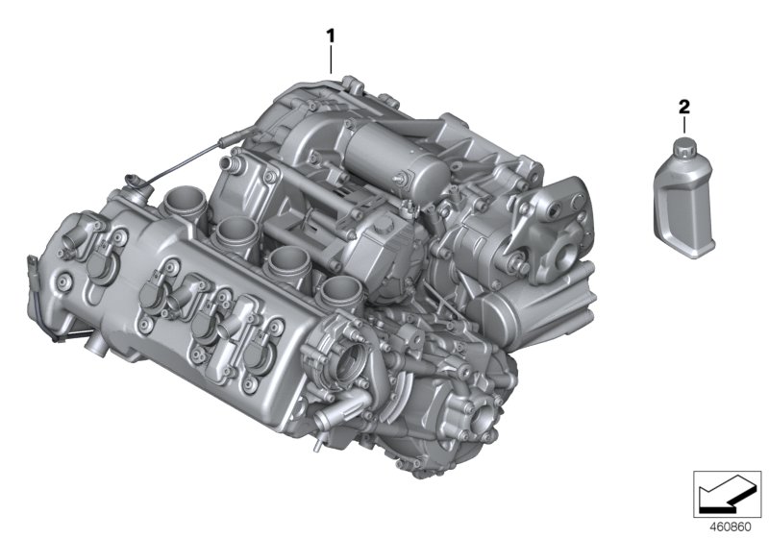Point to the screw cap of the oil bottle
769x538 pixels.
tap(683, 148)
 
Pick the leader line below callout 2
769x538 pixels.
tap(683, 125)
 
